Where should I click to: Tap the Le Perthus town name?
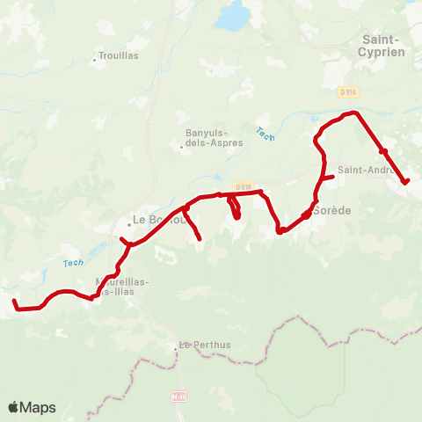coord(205,345)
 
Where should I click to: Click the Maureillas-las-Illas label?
coord(121,287)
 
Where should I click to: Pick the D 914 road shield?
coord(349,91)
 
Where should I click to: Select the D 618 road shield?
coord(244,186)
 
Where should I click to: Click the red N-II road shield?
coord(179,397)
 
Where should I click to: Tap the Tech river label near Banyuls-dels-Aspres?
coord(265,133)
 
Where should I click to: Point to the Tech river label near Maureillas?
coord(74,262)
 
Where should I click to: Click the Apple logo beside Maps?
coord(14,407)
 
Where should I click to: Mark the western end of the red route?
coord(14,302)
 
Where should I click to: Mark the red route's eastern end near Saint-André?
coord(406,182)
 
